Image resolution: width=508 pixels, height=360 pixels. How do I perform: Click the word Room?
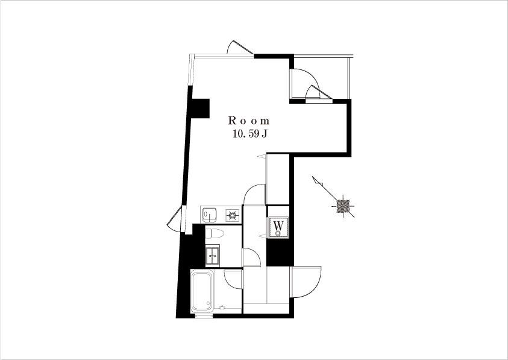[249, 121]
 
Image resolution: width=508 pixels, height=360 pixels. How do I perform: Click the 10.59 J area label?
[249, 134]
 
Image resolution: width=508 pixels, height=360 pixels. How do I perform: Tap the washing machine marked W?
[278, 227]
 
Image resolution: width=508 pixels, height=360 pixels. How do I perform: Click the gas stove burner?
[233, 215]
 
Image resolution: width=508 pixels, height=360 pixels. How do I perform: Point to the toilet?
[215, 233]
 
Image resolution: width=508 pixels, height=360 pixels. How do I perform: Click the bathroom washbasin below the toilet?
[213, 254]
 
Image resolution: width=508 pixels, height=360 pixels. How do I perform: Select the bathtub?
[202, 291]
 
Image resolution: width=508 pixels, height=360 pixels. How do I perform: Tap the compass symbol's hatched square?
[343, 206]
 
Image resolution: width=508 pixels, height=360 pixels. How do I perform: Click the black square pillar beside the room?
[201, 108]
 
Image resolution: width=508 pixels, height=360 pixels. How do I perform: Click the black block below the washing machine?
[280, 252]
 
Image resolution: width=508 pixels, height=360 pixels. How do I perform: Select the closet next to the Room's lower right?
[278, 179]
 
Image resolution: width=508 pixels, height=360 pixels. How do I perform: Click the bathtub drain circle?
[208, 303]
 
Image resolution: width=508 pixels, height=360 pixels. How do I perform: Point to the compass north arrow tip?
[313, 177]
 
